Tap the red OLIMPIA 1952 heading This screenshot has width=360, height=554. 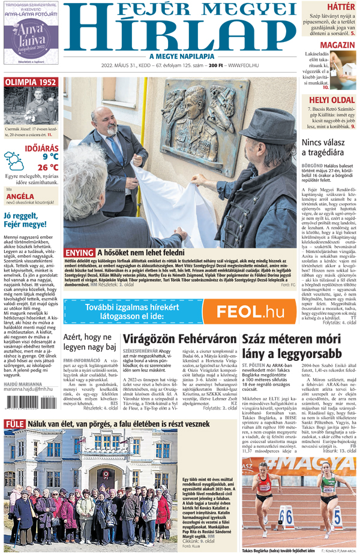(x=31, y=82)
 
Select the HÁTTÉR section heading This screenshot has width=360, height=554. (x=342, y=7)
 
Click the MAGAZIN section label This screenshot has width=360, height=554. (x=335, y=46)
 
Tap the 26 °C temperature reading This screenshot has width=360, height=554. (x=47, y=167)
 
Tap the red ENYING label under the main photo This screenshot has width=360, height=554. (x=79, y=252)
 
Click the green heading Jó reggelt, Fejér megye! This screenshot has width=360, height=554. (x=25, y=220)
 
